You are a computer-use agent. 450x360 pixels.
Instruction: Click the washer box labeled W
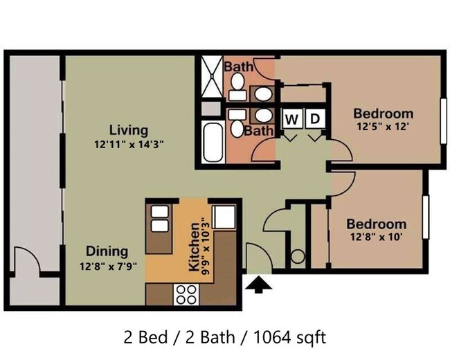click(292, 118)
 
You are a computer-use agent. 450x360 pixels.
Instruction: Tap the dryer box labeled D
click(315, 118)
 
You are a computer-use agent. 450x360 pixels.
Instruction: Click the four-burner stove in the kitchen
click(186, 294)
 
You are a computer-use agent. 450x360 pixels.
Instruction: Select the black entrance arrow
click(259, 285)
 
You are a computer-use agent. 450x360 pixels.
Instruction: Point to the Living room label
click(129, 130)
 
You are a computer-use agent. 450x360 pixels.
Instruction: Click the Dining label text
click(107, 251)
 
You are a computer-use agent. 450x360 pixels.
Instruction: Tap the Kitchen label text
click(194, 246)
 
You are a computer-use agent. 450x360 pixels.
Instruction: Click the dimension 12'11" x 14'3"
click(129, 144)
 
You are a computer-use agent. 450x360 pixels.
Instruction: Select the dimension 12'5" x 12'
click(383, 126)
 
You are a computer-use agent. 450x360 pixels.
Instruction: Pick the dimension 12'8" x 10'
click(376, 237)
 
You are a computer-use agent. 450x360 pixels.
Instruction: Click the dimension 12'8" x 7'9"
click(107, 267)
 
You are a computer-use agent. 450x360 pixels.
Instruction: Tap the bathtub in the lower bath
click(213, 143)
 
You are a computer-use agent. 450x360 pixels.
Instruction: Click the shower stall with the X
click(212, 76)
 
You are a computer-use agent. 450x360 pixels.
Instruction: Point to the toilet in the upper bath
click(237, 86)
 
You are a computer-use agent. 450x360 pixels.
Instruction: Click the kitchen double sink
click(159, 219)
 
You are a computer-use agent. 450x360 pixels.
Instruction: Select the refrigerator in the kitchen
click(224, 217)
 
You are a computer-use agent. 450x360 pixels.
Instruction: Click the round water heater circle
click(298, 256)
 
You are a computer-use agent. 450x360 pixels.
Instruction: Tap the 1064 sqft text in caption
click(289, 337)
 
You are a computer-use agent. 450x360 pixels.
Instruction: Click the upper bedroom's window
click(443, 121)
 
